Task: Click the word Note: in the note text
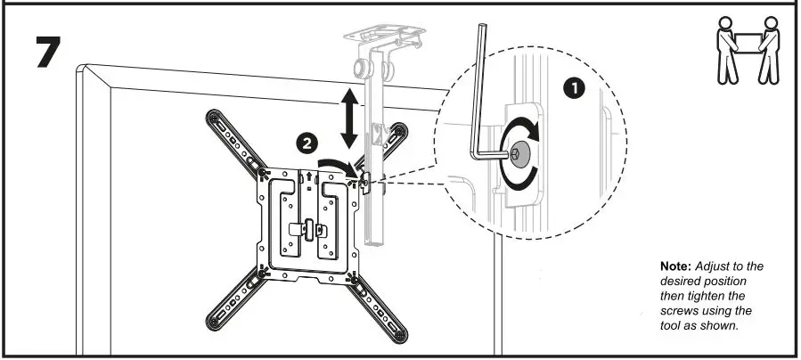(674, 267)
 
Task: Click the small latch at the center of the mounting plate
(307, 227)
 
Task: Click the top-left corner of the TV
(83, 68)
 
